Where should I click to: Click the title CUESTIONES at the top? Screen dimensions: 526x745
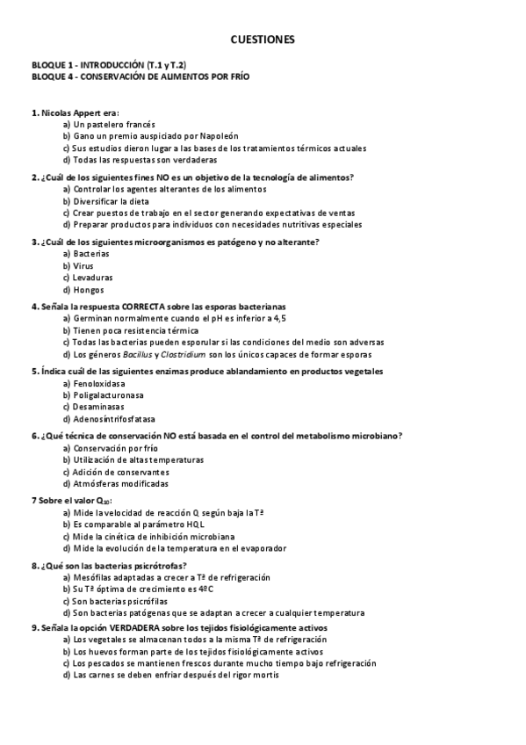(263, 40)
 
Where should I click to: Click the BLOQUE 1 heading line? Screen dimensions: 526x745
(109, 66)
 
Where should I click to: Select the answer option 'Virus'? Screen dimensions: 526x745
(83, 265)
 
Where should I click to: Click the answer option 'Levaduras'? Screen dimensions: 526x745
(93, 278)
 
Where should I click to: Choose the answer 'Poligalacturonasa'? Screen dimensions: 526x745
(109, 395)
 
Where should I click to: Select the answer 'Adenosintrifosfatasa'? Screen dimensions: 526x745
(114, 419)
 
